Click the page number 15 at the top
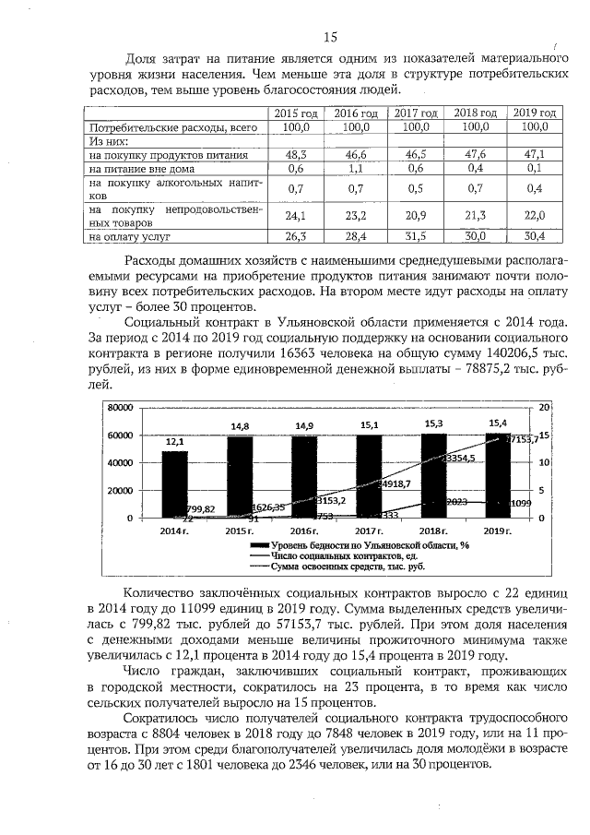pos(332,37)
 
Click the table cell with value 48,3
pos(296,155)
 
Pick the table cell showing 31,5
pos(416,237)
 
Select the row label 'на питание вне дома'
pos(136,169)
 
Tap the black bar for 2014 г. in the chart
pos(174,483)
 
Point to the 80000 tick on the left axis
pos(120,407)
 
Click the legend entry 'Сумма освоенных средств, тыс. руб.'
pos(352,567)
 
